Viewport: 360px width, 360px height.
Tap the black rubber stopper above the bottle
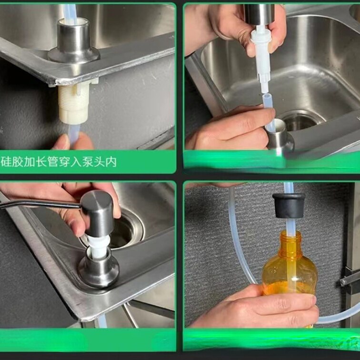coord(289,206)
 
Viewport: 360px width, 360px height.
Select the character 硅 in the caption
coord(6,162)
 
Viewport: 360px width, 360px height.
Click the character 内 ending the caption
coord(111,162)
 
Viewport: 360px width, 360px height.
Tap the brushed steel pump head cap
coord(97,213)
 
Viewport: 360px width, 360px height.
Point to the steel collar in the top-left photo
coord(73,41)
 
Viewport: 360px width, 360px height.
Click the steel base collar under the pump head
coord(99,268)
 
